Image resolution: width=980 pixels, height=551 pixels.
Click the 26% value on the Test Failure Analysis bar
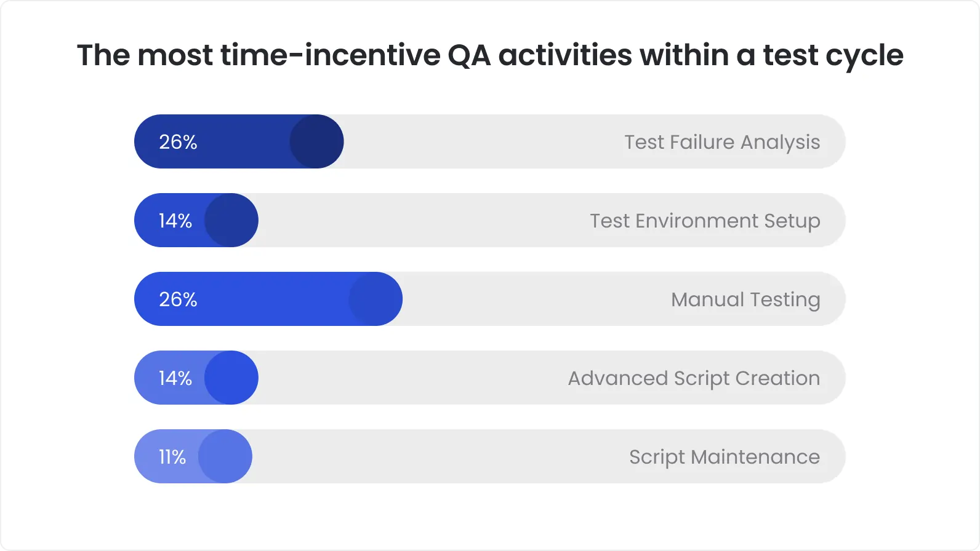pyautogui.click(x=178, y=142)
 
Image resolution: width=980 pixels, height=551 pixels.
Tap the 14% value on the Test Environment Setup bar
pyautogui.click(x=175, y=221)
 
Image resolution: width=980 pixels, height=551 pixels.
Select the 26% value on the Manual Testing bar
pyautogui.click(x=178, y=299)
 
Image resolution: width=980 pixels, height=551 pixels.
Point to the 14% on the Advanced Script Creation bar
pyautogui.click(x=175, y=378)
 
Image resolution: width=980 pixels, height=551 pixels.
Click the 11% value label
pyautogui.click(x=172, y=457)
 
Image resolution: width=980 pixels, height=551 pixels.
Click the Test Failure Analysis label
pyautogui.click(x=722, y=142)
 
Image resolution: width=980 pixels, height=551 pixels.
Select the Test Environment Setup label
pyautogui.click(x=705, y=221)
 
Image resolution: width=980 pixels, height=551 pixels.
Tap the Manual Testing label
pyautogui.click(x=745, y=299)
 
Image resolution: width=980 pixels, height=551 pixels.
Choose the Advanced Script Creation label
pyautogui.click(x=694, y=378)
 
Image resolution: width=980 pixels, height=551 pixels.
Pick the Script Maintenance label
pyautogui.click(x=724, y=457)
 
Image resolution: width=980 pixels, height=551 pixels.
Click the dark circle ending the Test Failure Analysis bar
pyautogui.click(x=316, y=141)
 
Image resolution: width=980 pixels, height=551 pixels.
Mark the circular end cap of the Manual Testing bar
pyautogui.click(x=376, y=299)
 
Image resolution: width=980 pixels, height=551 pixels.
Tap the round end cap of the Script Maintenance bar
pyautogui.click(x=225, y=456)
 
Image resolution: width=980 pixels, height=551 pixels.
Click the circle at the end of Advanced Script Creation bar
pyautogui.click(x=231, y=378)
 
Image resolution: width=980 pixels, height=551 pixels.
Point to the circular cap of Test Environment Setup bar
pyautogui.click(x=231, y=220)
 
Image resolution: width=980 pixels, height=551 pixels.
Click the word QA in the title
pyautogui.click(x=469, y=55)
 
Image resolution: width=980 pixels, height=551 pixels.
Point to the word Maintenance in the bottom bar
pyautogui.click(x=755, y=457)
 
